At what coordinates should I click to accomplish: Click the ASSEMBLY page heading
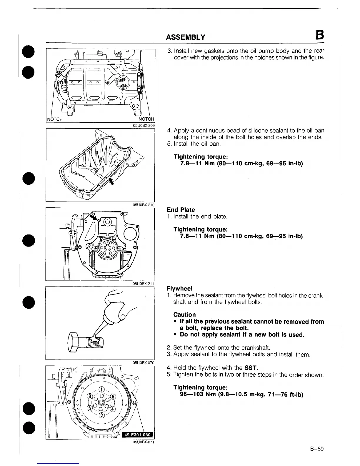click(185, 37)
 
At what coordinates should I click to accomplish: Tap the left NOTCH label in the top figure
click(55, 119)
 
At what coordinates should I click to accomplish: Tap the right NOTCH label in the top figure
click(146, 119)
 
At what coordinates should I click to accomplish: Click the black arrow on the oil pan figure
click(111, 181)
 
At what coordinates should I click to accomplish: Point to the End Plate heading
click(181, 210)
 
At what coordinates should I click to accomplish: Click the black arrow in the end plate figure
click(94, 217)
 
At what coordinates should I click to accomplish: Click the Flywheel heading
click(179, 288)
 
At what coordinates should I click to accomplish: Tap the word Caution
click(184, 314)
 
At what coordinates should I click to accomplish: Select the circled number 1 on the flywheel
click(101, 389)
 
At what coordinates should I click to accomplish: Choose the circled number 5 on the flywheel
click(89, 408)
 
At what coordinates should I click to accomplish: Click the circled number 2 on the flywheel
click(102, 415)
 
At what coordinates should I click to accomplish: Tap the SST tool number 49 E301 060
click(137, 435)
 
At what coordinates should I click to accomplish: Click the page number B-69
click(316, 449)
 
